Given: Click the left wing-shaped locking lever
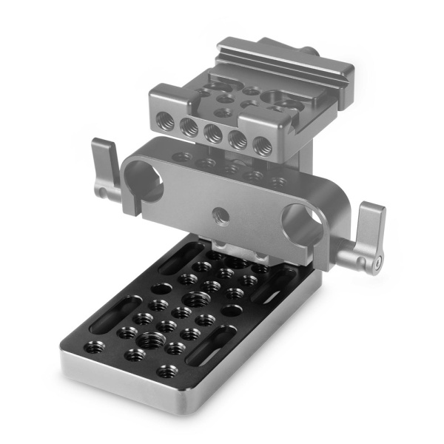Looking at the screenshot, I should point(103,166).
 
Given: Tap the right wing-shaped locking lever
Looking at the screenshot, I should point(367,233).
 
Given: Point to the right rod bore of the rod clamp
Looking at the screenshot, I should point(303,226).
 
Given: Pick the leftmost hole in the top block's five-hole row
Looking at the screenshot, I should point(166,122).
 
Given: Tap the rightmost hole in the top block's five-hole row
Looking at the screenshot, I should point(261,147).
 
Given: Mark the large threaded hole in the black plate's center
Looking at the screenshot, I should point(197,300).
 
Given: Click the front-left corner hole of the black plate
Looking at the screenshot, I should point(94,346).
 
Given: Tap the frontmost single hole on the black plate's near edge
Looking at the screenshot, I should point(167,371).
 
